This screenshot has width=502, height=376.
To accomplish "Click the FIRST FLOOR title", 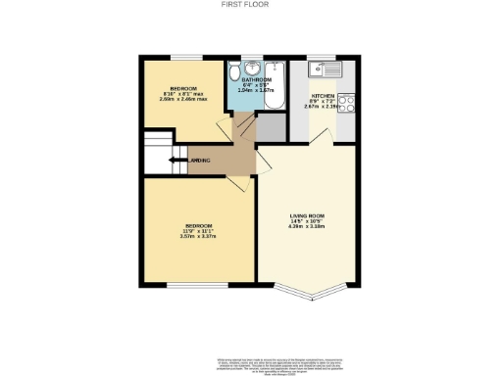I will (x=250, y=4).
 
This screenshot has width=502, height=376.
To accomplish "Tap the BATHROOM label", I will (x=256, y=78).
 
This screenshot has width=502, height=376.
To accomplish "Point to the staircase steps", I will (x=157, y=155).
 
